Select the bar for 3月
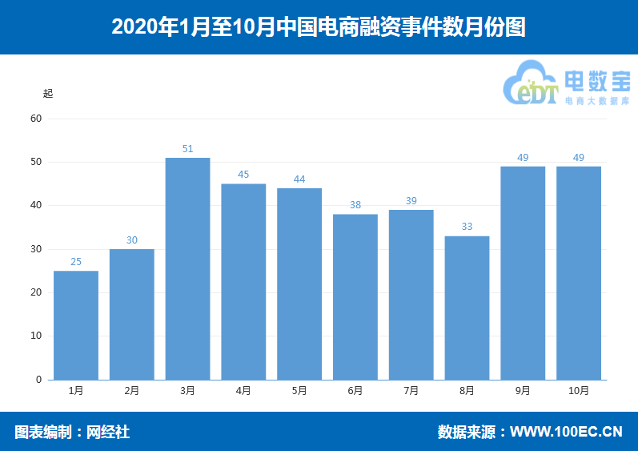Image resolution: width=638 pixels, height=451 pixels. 187,268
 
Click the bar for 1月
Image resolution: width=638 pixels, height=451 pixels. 76,325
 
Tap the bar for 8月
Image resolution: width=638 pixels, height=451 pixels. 467,308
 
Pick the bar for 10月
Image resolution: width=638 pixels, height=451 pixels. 579,273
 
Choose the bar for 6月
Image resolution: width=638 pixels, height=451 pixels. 355,297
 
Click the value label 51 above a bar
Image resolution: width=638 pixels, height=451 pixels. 187,149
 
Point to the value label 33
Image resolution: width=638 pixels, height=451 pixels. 467,227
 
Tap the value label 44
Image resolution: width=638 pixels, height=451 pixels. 299,179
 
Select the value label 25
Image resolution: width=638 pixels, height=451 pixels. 76,262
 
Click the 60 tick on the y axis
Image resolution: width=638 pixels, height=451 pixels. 36,119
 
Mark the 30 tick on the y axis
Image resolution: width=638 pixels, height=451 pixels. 36,249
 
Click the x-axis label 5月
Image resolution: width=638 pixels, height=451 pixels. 299,391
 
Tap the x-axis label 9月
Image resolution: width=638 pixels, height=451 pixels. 523,391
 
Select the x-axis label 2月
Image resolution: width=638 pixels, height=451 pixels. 132,391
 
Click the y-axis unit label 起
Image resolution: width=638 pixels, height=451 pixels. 48,93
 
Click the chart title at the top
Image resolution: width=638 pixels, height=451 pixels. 319,26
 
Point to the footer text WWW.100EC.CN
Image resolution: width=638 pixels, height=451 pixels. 566,433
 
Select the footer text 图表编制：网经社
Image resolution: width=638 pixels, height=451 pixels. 72,433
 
